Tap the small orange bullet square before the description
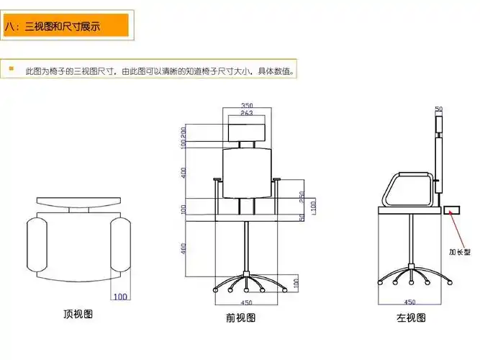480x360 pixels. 12,69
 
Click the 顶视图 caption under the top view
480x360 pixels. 78,315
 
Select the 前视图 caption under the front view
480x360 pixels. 240,318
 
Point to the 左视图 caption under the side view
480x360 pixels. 411,318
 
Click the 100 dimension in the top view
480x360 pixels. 120,296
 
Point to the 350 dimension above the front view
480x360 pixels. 247,105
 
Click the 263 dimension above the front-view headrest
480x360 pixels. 246,113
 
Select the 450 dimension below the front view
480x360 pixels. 246,302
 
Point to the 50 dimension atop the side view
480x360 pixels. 438,109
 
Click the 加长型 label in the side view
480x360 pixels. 459,252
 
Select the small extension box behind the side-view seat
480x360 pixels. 452,210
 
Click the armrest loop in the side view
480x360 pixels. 408,189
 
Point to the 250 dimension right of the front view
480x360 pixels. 302,195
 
